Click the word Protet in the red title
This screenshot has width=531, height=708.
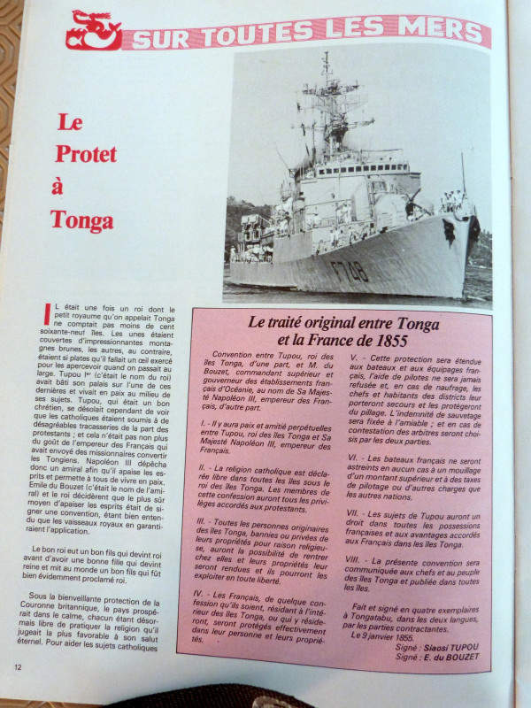(x=86, y=153)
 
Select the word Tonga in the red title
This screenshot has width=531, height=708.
(x=82, y=219)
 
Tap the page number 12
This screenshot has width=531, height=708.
(x=18, y=666)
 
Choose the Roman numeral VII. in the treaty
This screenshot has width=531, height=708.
(x=358, y=513)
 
